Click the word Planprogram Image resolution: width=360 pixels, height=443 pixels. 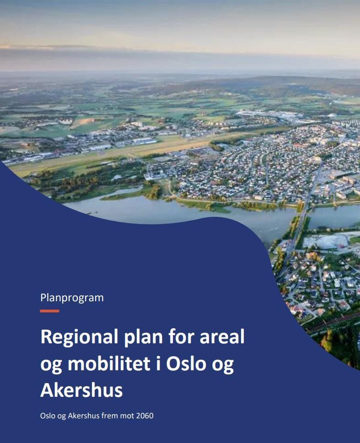[72, 298]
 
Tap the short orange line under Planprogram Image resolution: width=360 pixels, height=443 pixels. [49, 311]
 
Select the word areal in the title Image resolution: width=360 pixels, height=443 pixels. [222, 337]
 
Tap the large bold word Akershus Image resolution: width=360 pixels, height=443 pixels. [81, 390]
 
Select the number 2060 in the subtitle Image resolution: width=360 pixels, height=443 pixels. [145, 416]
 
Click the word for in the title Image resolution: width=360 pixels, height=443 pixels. [181, 336]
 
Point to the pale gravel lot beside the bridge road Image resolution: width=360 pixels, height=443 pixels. [325, 242]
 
